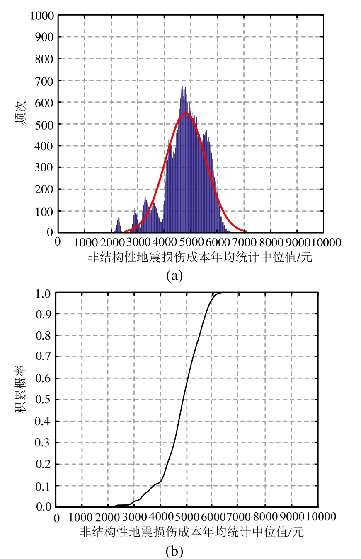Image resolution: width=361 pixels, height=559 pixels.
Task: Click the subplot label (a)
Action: click(x=174, y=275)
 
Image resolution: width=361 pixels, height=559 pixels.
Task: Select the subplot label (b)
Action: click(x=174, y=551)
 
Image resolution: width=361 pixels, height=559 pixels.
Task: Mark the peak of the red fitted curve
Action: click(x=186, y=113)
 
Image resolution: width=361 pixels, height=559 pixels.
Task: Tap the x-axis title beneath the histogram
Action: click(x=199, y=258)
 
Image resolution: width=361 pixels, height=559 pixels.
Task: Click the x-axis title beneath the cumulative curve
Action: click(x=191, y=532)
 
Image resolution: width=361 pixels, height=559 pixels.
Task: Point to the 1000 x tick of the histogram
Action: click(x=85, y=242)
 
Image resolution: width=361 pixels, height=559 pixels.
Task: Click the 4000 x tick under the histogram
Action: click(x=164, y=242)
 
